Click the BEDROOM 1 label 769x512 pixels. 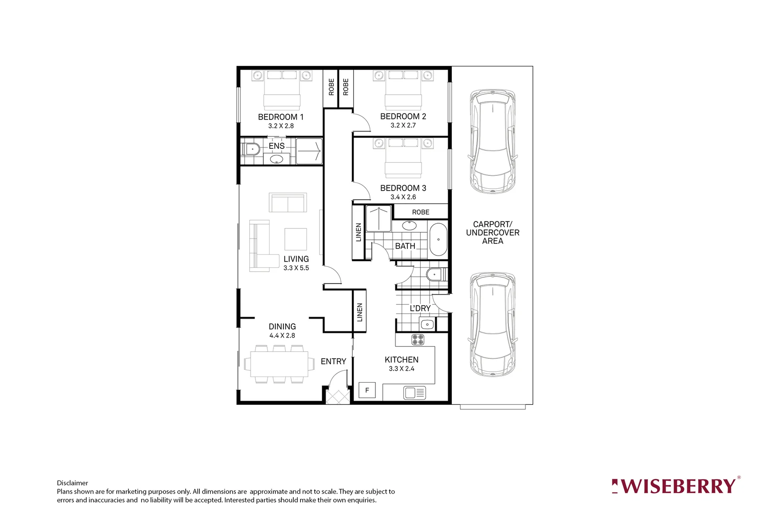281,117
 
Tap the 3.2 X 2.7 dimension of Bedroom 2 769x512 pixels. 403,126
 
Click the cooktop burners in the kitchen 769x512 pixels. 418,339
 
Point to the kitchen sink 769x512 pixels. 414,393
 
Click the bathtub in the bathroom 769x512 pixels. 438,240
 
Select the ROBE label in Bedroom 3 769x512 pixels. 421,212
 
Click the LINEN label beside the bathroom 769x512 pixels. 358,232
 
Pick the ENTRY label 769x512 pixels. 333,361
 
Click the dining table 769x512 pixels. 279,364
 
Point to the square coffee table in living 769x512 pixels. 296,239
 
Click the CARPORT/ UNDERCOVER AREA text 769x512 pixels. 493,232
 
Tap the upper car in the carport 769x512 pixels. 492,141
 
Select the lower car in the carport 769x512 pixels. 492,324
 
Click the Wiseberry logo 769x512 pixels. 675,486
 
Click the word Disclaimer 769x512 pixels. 72,483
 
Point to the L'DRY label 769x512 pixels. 420,309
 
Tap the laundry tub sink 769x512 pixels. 427,325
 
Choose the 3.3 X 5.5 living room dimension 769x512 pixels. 296,268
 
